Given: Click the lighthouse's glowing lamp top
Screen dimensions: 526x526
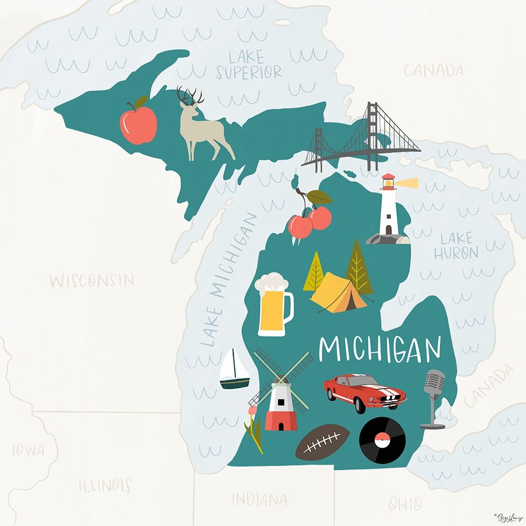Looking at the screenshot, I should pyautogui.click(x=389, y=182).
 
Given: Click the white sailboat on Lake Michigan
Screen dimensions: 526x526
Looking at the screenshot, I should pyautogui.click(x=235, y=370).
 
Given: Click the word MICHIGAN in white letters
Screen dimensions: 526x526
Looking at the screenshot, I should pyautogui.click(x=380, y=349).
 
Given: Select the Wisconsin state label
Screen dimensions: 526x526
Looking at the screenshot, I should pyautogui.click(x=92, y=280).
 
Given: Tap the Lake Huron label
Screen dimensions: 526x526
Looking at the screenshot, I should pyautogui.click(x=456, y=246).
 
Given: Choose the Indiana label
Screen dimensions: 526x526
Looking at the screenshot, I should pyautogui.click(x=259, y=499).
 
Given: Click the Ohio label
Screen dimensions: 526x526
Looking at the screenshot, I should pyautogui.click(x=405, y=504).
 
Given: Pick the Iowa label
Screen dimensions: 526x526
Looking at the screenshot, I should pyautogui.click(x=28, y=450).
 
